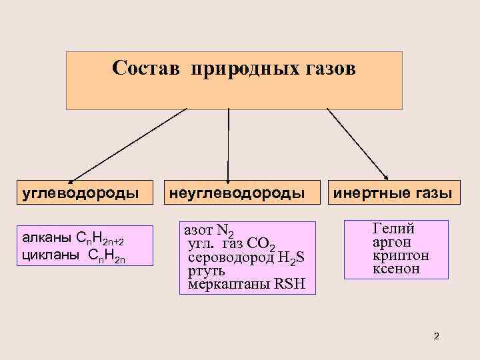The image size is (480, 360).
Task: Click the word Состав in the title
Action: (147, 69)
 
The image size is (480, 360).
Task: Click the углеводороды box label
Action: (81, 194)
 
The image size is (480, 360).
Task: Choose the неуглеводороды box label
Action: (237, 194)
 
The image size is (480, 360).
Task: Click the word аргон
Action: (391, 243)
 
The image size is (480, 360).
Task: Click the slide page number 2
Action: (436, 335)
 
